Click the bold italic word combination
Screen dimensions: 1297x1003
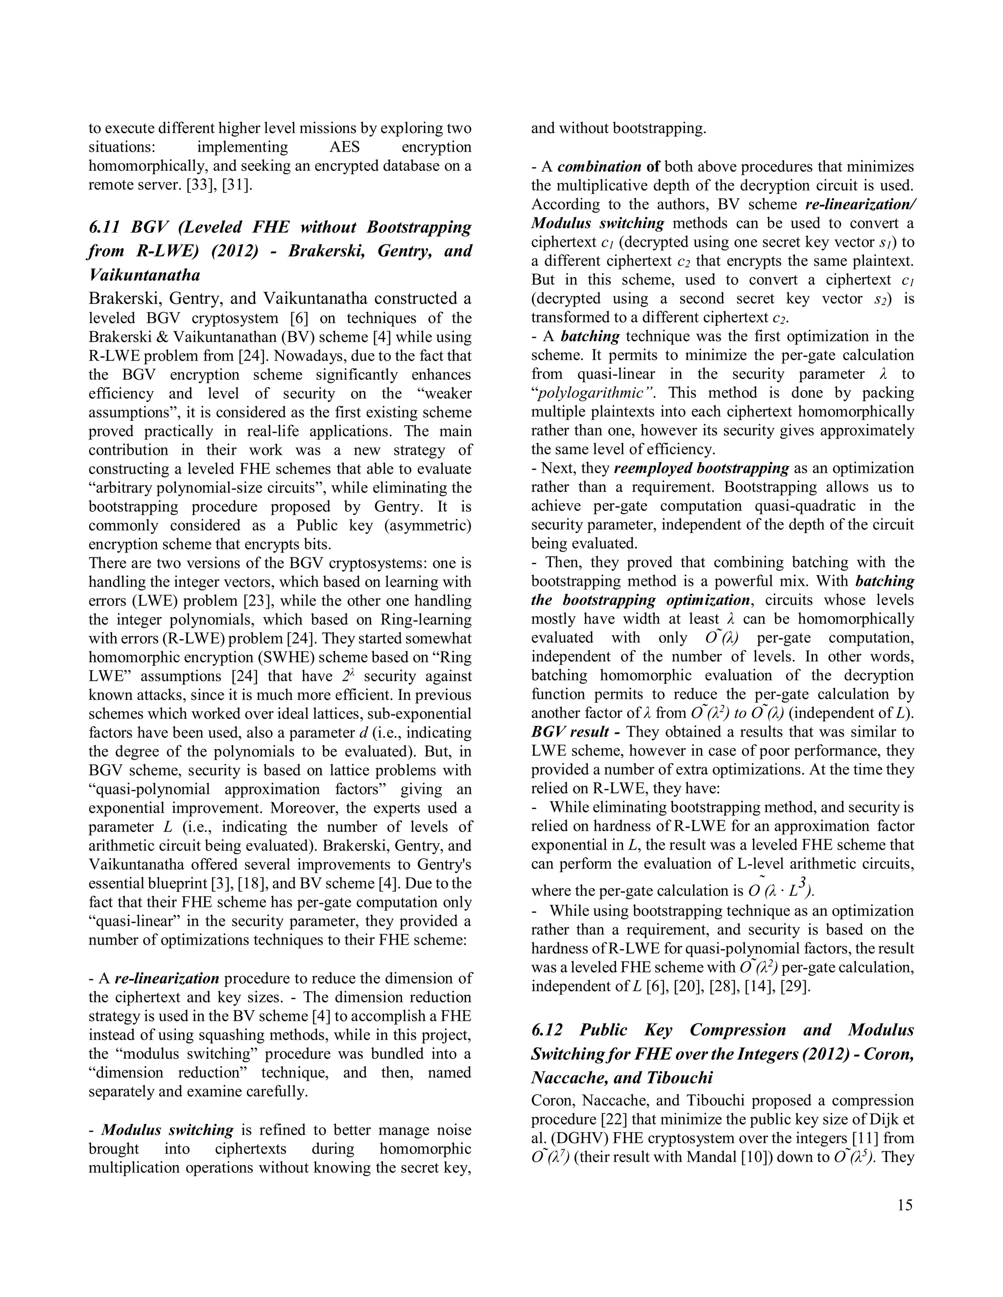pos(599,166)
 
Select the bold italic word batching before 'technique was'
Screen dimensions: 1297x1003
pos(590,336)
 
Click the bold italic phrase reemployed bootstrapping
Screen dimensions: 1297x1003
pos(701,468)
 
